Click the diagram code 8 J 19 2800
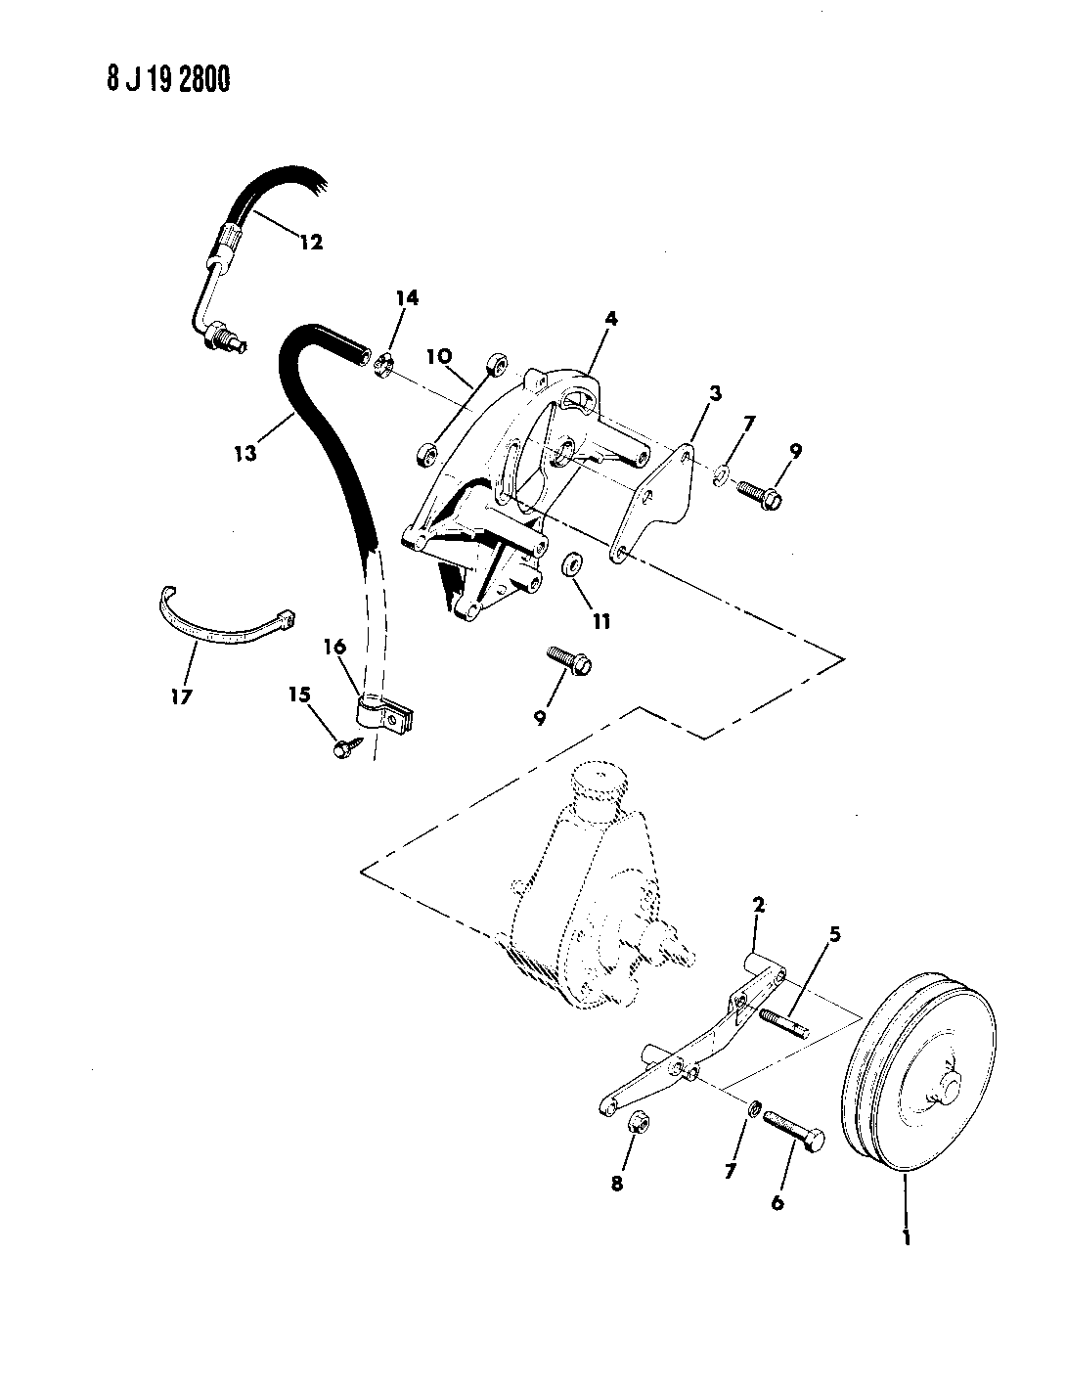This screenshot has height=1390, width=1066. pos(168,80)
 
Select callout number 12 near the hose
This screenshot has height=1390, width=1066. pos(311,242)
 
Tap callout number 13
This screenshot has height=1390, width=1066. pos(244,454)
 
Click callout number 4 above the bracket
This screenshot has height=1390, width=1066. pos(611,318)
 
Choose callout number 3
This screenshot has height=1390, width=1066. pos(715,393)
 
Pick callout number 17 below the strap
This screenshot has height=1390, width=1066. pos(182,696)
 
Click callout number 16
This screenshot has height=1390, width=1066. pos(333,647)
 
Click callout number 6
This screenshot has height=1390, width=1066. pos(777,1202)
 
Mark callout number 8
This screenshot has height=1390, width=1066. pos(616,1184)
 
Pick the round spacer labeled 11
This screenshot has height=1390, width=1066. pos(572,564)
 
